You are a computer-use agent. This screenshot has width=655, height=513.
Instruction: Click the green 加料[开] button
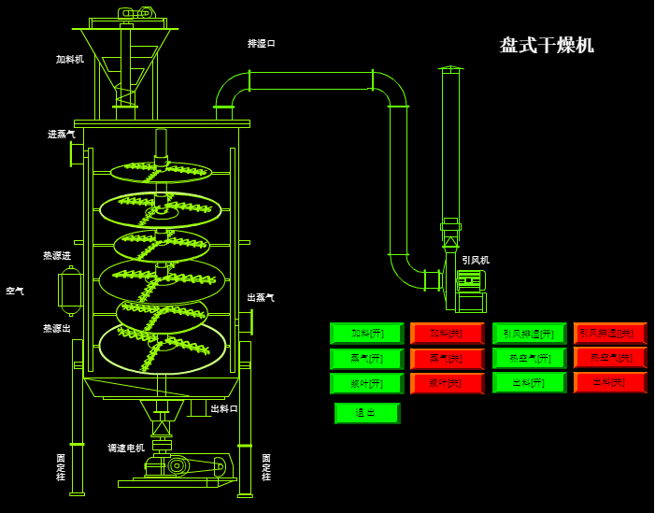pos(366,334)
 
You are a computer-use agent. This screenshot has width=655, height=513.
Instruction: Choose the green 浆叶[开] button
pos(366,383)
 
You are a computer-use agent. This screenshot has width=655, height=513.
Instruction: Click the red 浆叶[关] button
pos(447,383)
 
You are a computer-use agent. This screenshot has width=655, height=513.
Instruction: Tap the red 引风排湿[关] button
pos(609,333)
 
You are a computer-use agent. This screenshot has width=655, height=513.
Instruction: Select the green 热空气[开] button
pos(529,358)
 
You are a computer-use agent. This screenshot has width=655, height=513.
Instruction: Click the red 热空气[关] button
pos(609,357)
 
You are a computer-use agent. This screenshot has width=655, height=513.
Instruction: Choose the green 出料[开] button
pos(529,382)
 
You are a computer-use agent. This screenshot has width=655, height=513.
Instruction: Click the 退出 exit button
pos(366,413)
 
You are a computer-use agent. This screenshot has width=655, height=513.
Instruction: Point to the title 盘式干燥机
pos(547,45)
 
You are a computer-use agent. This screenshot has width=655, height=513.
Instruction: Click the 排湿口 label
pos(262,44)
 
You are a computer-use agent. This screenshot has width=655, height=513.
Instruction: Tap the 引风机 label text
pos(476,260)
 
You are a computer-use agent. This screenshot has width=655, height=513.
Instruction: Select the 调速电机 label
pos(126,449)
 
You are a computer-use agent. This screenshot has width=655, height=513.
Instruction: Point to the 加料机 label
pos(70,60)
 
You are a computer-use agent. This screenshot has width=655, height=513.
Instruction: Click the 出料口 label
pos(224,408)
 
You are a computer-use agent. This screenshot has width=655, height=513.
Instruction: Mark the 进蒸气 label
pos(62,135)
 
